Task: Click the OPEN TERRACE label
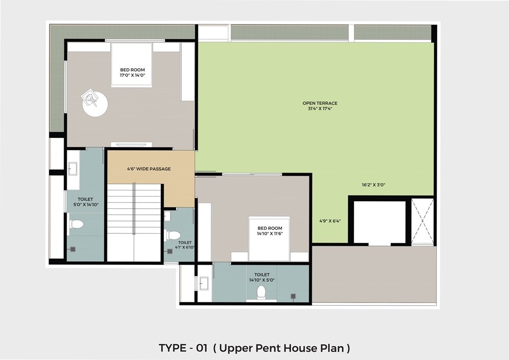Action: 320,103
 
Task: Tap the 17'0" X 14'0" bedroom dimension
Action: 132,75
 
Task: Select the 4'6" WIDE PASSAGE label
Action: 149,169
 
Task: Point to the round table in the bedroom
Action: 95,103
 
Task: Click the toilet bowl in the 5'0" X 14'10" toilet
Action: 77,224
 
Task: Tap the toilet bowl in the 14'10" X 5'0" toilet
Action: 261,292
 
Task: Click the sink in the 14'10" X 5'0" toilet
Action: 204,283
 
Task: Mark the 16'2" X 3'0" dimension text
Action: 374,185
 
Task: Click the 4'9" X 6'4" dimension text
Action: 330,221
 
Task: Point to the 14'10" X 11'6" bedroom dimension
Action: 270,233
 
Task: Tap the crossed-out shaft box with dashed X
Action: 422,221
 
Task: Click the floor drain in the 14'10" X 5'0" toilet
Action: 294,296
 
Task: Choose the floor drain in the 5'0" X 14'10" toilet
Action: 73,250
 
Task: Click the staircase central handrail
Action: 134,208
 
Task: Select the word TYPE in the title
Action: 172,348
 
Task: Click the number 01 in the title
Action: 202,348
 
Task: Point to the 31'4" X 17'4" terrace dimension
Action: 320,109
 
